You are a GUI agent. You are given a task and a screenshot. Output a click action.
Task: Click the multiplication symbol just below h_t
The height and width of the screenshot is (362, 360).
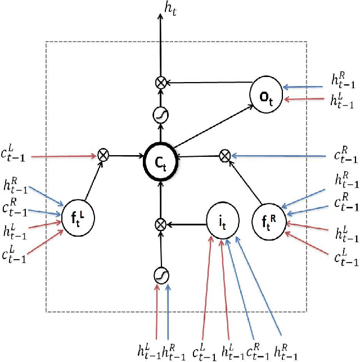160,83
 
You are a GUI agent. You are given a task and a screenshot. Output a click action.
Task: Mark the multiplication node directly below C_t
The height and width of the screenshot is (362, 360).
161,224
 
